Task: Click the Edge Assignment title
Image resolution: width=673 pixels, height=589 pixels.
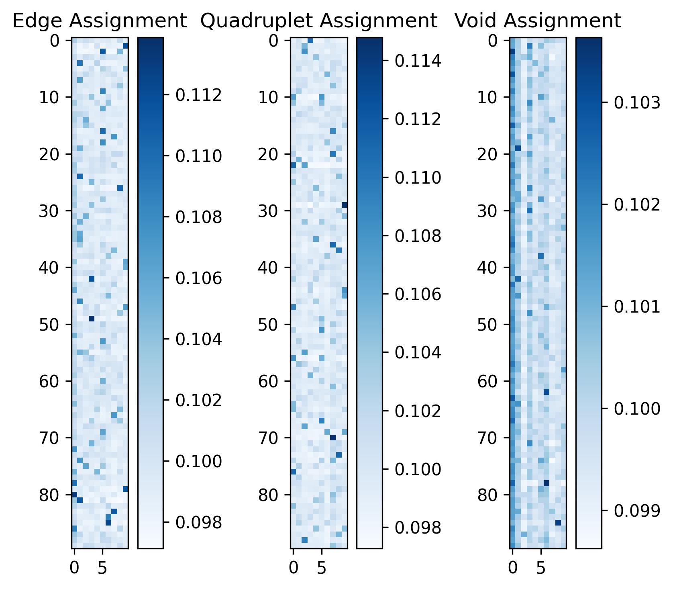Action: point(100,21)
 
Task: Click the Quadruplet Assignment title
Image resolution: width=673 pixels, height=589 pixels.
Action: point(318,21)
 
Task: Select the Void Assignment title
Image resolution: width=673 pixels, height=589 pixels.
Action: point(538,21)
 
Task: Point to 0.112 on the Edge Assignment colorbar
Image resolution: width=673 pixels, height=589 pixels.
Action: point(199,95)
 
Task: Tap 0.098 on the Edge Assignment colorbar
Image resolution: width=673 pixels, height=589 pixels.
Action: point(199,522)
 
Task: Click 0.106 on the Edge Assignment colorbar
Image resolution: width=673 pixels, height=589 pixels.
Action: point(199,278)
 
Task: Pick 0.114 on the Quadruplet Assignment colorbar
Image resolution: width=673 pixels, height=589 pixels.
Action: point(418,61)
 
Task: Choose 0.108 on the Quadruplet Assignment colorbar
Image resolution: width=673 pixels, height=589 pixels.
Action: point(418,236)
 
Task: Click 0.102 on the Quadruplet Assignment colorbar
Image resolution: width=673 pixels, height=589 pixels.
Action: point(418,411)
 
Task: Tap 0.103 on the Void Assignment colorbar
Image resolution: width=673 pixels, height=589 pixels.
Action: point(637,102)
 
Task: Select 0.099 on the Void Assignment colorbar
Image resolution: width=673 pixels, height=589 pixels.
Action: point(637,511)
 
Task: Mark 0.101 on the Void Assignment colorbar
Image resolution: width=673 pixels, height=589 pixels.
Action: point(637,307)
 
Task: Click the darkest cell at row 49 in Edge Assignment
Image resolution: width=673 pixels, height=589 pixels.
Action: point(91,319)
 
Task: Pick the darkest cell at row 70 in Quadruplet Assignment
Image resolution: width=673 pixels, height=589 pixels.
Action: point(333,438)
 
